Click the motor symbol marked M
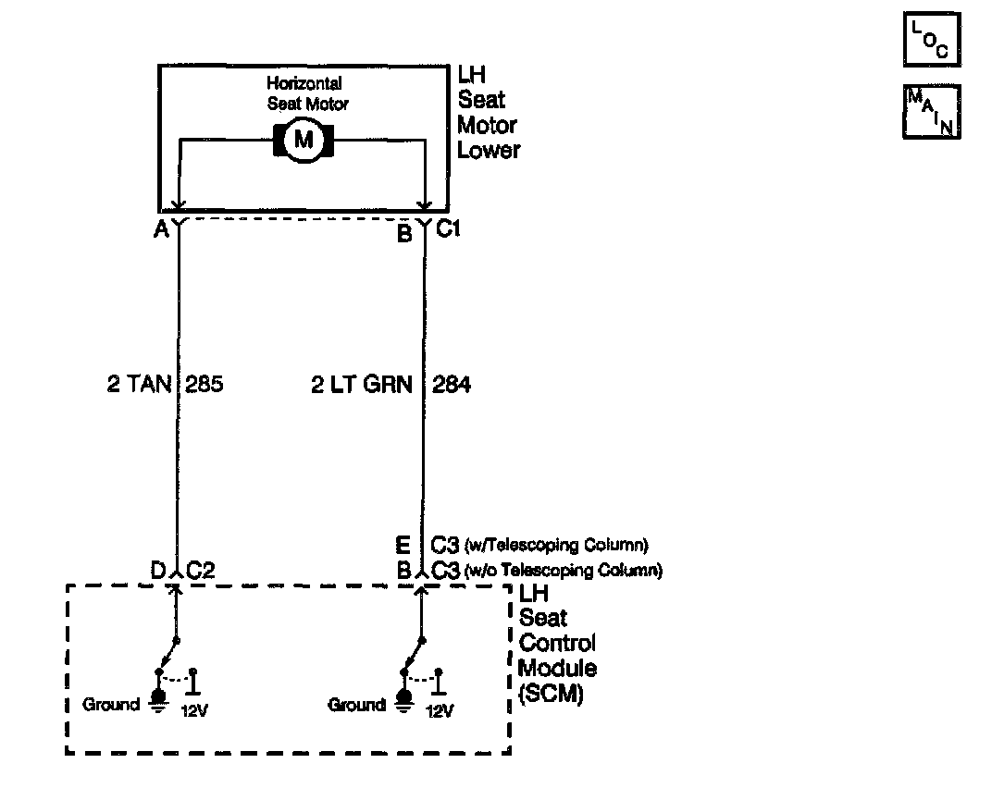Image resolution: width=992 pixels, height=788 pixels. coord(303,141)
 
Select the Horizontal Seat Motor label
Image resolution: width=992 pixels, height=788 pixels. coord(305,93)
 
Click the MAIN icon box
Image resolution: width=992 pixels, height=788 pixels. coord(931,112)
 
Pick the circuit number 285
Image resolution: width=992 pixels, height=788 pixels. coord(205,384)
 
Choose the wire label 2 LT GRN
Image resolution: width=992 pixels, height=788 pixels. coord(361,384)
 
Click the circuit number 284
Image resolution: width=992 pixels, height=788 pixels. coord(452,384)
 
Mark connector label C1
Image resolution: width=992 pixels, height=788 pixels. coord(448,230)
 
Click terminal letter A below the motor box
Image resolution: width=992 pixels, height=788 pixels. coord(161,231)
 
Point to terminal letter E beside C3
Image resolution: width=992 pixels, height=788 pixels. coord(403,545)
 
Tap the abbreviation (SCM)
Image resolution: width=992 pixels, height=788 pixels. coord(552,694)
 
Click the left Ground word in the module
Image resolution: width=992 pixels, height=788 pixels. coord(111,705)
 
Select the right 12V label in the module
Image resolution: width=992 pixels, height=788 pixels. coord(440,711)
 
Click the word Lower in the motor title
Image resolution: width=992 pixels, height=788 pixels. coord(489,150)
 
